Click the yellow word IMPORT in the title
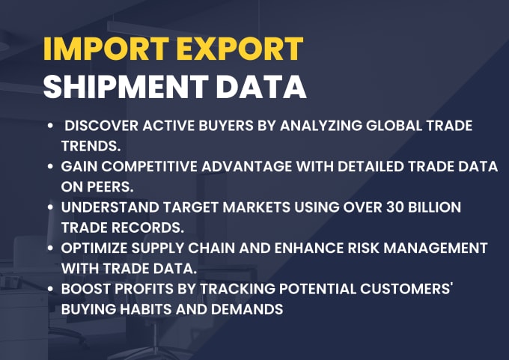(x=106, y=49)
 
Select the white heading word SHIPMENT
(x=126, y=87)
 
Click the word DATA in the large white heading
(x=260, y=87)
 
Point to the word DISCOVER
(x=101, y=126)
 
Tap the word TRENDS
(x=91, y=146)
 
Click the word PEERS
(x=110, y=187)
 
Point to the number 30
(x=394, y=207)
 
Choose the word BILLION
(x=434, y=207)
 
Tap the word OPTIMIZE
(x=94, y=248)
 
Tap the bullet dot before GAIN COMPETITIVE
(x=50, y=167)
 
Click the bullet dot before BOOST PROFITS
(x=50, y=289)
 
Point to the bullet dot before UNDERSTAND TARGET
(x=50, y=207)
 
